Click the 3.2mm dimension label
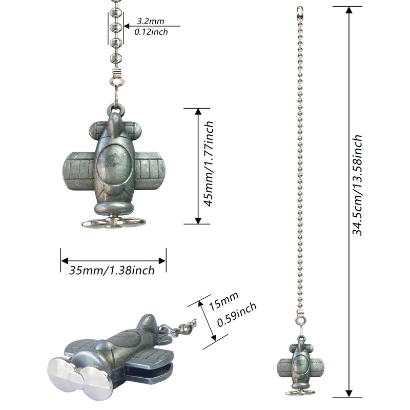tap(151, 21)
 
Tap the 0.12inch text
tap(151, 32)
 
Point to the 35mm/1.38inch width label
tap(112, 271)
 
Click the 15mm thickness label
tap(224, 301)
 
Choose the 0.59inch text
tap(237, 315)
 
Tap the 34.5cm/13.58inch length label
tap(357, 185)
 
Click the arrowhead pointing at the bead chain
tap(127, 26)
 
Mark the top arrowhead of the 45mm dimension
tap(198, 112)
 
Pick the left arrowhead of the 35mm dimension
tap(65, 261)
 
